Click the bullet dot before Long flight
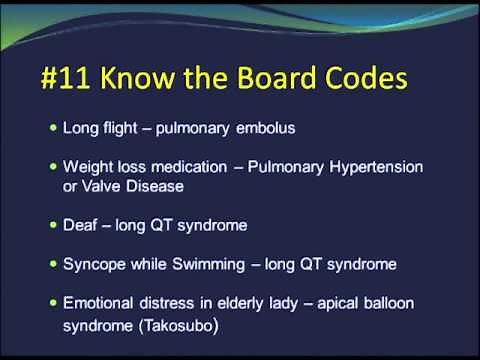[x=54, y=128]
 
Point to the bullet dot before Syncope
[x=54, y=264]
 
